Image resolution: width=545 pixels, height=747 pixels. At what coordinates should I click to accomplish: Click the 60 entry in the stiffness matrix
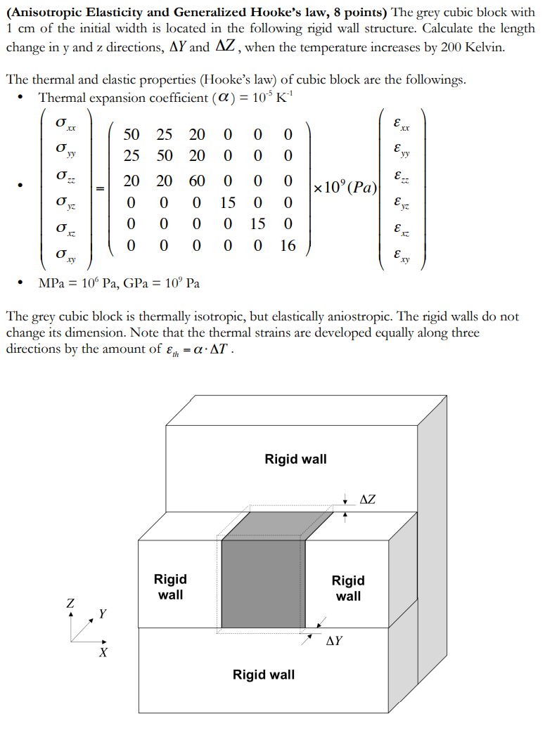pyautogui.click(x=196, y=181)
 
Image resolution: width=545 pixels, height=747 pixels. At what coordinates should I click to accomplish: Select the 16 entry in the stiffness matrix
pyautogui.click(x=288, y=245)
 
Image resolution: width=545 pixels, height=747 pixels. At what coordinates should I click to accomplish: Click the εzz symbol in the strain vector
pyautogui.click(x=402, y=176)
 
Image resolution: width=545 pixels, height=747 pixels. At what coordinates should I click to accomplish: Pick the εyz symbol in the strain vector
pyautogui.click(x=402, y=203)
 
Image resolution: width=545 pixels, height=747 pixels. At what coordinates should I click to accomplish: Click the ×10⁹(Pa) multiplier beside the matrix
pyautogui.click(x=345, y=188)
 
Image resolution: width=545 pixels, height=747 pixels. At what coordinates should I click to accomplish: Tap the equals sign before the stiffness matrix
pyautogui.click(x=101, y=188)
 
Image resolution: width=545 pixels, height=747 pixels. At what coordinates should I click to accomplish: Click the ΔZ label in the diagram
pyautogui.click(x=367, y=500)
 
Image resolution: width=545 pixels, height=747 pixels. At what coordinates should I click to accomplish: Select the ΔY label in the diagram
pyautogui.click(x=335, y=640)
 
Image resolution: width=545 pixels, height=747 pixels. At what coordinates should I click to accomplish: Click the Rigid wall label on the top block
pyautogui.click(x=295, y=459)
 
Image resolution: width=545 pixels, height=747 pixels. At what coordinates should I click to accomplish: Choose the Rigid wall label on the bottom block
pyautogui.click(x=264, y=675)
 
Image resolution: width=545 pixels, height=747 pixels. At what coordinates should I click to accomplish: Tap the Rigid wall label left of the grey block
pyautogui.click(x=170, y=587)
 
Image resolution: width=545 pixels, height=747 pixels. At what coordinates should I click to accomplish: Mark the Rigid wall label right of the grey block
pyautogui.click(x=348, y=588)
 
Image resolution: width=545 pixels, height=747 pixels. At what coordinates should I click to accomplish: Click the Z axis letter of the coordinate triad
pyautogui.click(x=70, y=603)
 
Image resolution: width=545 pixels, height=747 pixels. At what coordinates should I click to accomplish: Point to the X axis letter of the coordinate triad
pyautogui.click(x=103, y=653)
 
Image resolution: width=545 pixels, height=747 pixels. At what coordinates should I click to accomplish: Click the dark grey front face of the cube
pyautogui.click(x=262, y=583)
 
